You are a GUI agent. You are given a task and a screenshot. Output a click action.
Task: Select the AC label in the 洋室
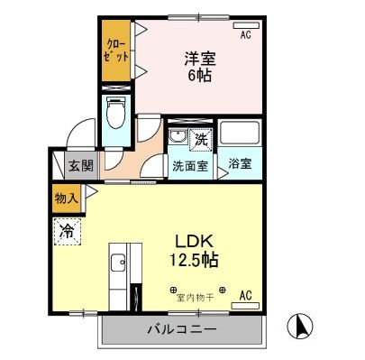click(x=245, y=35)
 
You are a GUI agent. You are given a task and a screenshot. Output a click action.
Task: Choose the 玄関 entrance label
click(x=79, y=167)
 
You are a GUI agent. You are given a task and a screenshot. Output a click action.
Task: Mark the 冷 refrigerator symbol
click(x=67, y=231)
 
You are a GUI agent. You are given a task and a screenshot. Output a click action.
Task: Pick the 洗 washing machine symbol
click(x=203, y=140)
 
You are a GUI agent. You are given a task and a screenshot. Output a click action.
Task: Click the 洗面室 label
click(x=190, y=167)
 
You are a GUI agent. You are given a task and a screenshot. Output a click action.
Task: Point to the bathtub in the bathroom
click(x=241, y=136)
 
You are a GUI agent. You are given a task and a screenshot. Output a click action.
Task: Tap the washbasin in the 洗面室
click(x=178, y=138)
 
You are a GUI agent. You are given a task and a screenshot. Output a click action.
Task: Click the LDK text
click(x=193, y=243)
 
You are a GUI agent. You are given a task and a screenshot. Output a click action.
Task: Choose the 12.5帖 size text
click(x=193, y=261)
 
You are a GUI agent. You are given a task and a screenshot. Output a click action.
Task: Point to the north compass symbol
click(x=300, y=325)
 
